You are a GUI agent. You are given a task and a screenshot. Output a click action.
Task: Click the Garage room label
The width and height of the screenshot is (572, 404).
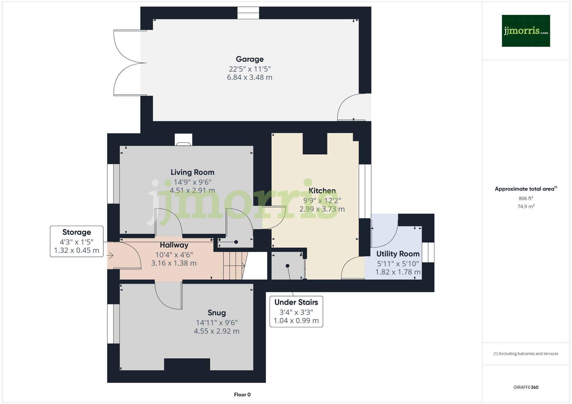tap(249, 59)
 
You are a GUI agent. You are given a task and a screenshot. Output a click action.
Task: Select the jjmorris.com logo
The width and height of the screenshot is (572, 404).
tap(526, 31)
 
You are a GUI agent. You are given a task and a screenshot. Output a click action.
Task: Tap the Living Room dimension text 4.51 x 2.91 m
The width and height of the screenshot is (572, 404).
tap(192, 190)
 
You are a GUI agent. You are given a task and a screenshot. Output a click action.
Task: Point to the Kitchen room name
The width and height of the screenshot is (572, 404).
tap(322, 191)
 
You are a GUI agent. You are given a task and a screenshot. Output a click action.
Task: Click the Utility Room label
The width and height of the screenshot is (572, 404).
tap(398, 254)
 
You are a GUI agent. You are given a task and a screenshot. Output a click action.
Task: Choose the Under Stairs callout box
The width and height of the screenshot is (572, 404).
tap(296, 311)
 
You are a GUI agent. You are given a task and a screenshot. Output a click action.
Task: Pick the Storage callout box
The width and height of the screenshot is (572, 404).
tap(76, 241)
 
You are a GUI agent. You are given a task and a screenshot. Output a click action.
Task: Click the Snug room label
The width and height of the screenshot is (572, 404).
tap(217, 313)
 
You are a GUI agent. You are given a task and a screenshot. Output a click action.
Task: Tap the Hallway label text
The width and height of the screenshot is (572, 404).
tap(174, 245)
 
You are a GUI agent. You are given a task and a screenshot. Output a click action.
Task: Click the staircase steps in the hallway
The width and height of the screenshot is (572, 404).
tap(233, 266)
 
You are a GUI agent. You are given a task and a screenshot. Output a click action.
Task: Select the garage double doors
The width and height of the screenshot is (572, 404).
tap(129, 63)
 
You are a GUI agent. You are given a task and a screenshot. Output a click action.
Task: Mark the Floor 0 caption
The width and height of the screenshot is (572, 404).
tap(242, 395)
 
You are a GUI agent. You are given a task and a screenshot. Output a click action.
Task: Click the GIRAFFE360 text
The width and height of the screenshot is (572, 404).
tap(526, 387)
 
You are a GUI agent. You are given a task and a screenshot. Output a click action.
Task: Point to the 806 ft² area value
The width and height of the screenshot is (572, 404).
tap(526, 198)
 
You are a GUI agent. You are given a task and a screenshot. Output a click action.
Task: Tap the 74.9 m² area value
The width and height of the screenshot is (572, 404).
tap(526, 206)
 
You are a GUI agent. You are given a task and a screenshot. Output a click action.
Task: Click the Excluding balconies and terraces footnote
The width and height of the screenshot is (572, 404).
tap(526, 353)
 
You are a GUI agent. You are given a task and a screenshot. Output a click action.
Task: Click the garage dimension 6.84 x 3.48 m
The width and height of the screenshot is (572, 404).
tap(249, 77)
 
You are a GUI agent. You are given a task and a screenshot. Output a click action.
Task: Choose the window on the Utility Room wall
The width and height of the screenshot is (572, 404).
tap(428, 252)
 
